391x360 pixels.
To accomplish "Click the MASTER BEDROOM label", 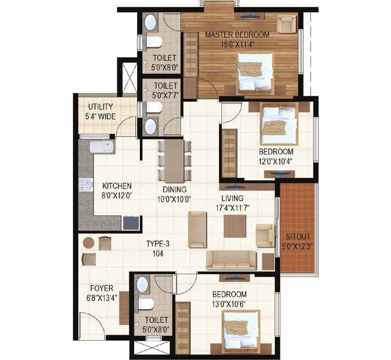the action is pos(237,34).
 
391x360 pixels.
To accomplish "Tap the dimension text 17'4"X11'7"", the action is pos(233,208).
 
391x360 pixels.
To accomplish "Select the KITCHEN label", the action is pos(117,186).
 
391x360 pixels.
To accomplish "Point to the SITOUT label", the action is pos(298,237).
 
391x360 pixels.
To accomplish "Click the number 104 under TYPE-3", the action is pos(158,253).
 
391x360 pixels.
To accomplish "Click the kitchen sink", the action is pos(102,147).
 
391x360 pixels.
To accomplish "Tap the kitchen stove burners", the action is pos(85,185).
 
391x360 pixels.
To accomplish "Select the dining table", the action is pos(174,161).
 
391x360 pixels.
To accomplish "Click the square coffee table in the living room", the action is pos(235,226).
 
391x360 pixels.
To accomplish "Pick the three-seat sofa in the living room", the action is pos(232,260).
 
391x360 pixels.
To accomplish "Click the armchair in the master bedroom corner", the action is pos(287,24).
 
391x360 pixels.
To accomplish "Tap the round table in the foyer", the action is pos(88,243).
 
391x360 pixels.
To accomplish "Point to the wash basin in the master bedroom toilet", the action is pos(151,23).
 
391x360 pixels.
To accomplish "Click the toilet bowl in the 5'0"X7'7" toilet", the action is pos(154,107).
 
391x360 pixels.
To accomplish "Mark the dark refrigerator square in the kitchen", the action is pos(131,223).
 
